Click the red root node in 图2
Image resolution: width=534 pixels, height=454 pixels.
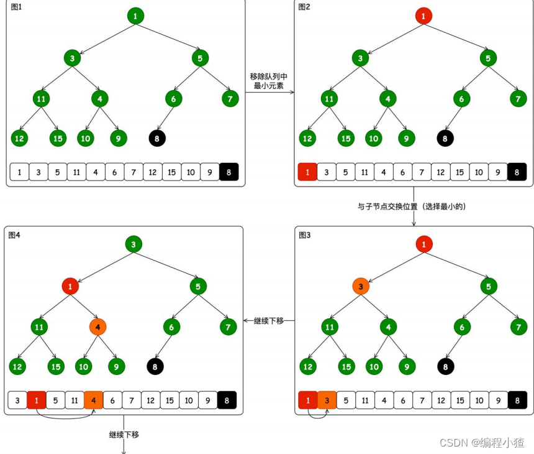(x=423, y=16)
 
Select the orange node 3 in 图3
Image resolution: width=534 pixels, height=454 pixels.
(x=360, y=286)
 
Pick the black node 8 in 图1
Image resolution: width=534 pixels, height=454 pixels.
(x=158, y=138)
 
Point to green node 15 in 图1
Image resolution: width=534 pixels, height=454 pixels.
(x=58, y=138)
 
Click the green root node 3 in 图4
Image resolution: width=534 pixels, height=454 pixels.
(x=133, y=244)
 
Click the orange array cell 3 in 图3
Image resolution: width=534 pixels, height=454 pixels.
(x=327, y=401)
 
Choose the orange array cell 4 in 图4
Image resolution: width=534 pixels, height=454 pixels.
(x=94, y=401)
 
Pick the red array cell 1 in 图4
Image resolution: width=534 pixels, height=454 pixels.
(x=37, y=401)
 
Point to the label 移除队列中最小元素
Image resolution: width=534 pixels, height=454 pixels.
(x=268, y=81)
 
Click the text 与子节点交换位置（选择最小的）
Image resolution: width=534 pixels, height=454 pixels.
(x=412, y=206)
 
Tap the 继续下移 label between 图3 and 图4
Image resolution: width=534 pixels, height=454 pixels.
(x=268, y=321)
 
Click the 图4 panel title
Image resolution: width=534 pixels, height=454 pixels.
(x=15, y=234)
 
